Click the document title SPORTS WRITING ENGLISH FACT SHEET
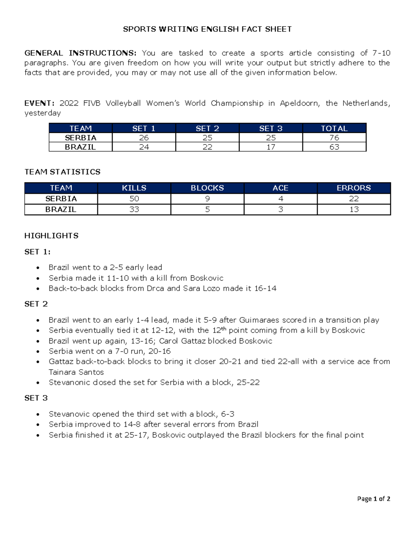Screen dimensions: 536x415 207,29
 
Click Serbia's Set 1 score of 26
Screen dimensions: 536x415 144,138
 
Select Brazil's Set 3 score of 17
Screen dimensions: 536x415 271,147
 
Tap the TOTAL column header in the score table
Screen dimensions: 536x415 334,128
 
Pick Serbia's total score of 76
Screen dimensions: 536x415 334,138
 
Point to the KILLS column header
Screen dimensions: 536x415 134,188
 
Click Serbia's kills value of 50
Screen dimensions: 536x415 134,199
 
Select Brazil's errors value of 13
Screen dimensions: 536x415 354,209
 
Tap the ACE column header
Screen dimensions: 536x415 280,188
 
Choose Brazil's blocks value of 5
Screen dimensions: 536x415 207,209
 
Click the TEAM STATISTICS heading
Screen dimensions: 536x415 62,172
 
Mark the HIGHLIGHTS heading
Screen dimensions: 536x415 51,236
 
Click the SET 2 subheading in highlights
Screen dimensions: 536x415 36,304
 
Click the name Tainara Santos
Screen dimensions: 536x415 76,372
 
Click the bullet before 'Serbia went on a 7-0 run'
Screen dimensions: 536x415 38,352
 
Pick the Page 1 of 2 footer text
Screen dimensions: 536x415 373,499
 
